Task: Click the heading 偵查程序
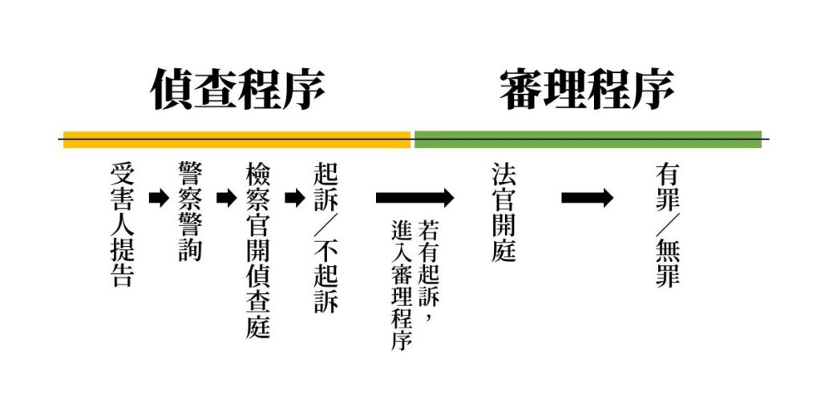tap(239, 89)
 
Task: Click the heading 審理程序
tap(587, 89)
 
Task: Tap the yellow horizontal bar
tap(237, 139)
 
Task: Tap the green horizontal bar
tap(588, 139)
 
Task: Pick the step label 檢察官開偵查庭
tap(258, 252)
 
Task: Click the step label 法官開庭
tap(504, 212)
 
